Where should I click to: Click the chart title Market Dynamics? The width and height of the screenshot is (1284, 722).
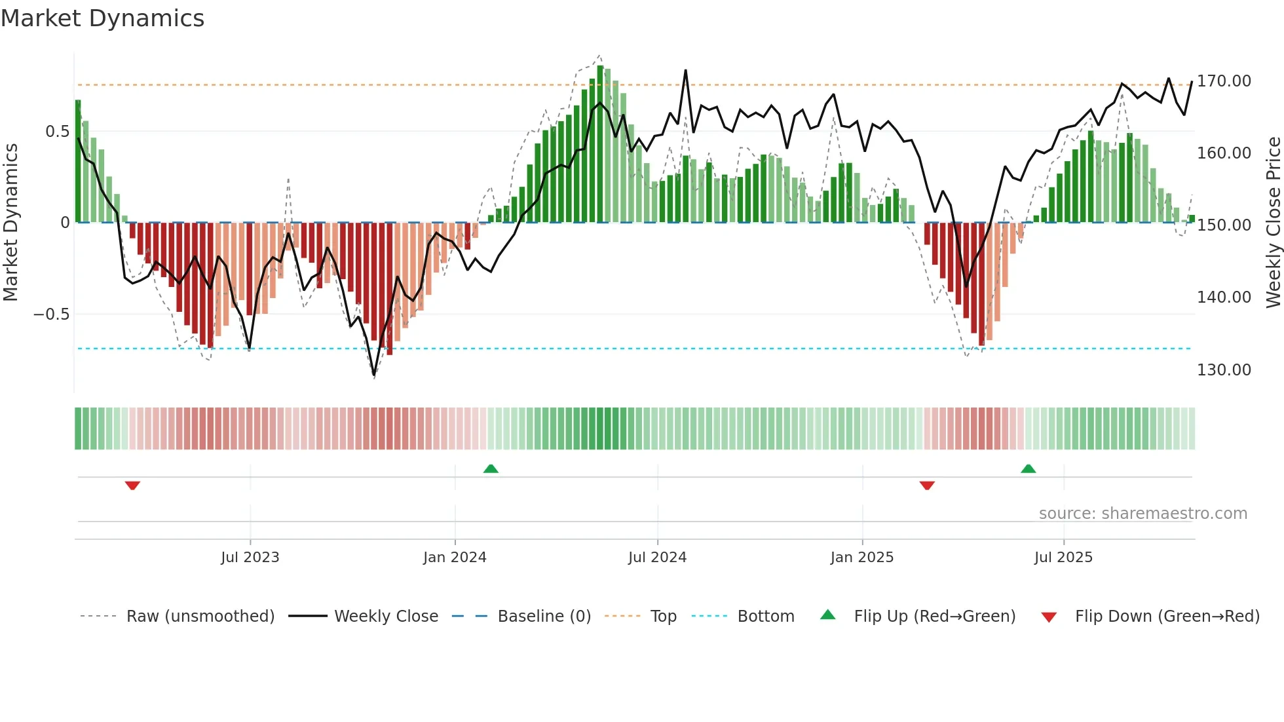[103, 18]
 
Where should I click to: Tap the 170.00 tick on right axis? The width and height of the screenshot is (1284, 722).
[1223, 81]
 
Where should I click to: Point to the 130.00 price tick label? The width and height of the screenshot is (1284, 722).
[1223, 370]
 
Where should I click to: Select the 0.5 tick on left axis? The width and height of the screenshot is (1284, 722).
[57, 132]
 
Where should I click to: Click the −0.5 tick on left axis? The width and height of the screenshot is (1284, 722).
[52, 314]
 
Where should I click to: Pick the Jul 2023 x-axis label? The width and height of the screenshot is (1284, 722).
[250, 558]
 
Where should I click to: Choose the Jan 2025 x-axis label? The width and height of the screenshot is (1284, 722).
[861, 558]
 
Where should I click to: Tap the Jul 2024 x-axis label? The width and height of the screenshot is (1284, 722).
[657, 558]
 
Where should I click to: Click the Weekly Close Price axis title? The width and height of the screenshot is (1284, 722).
[1273, 223]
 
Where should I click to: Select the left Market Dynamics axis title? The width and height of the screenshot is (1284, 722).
[10, 223]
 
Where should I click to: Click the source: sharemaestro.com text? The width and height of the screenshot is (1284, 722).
[1142, 514]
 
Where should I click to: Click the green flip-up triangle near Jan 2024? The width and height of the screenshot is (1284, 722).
[491, 468]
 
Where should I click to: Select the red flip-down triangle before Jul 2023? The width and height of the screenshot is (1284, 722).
[132, 485]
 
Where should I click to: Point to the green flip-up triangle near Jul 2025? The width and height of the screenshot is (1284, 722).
[1028, 468]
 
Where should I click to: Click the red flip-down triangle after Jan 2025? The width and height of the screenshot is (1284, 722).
[926, 485]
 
